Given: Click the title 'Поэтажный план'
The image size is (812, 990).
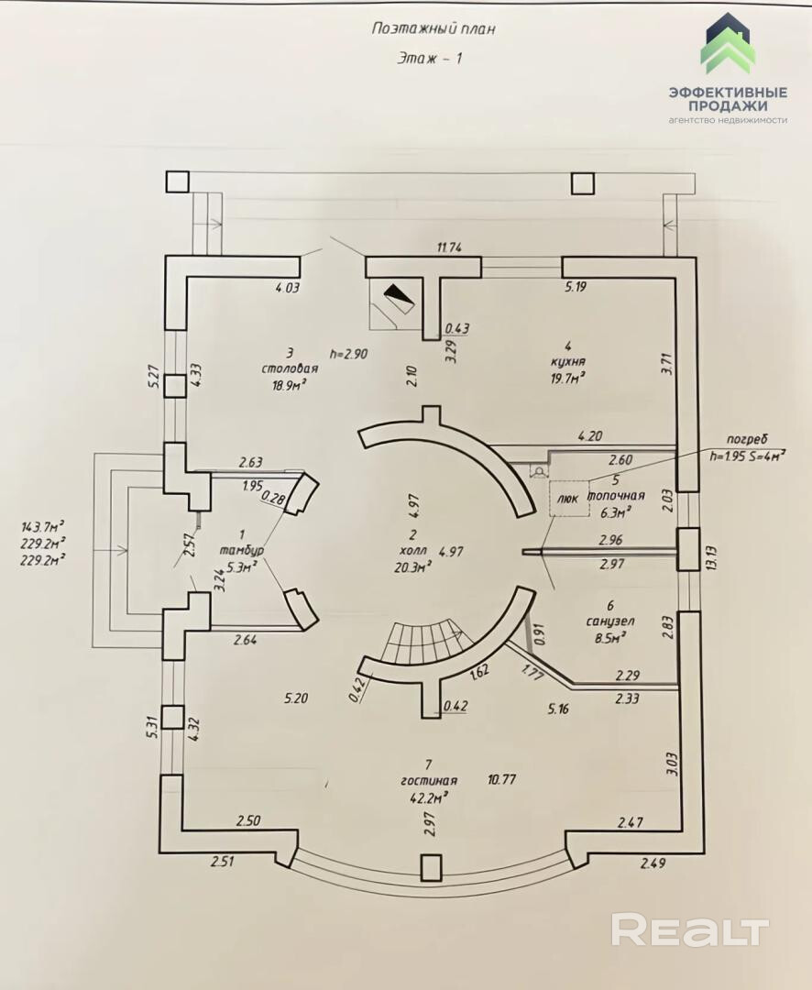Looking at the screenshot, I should (433, 28).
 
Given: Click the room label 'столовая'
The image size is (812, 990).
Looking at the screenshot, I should (289, 368).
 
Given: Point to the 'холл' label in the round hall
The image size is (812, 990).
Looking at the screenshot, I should (413, 551).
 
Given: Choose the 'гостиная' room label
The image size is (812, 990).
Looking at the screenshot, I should (428, 781).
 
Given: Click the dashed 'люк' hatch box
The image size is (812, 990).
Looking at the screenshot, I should (566, 499).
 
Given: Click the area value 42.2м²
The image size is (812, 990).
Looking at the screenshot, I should (428, 798).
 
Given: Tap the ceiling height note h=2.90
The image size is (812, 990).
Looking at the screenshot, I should (348, 353).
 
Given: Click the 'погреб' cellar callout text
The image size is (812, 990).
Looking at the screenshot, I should (744, 438).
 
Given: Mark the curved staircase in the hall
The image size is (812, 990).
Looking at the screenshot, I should (422, 642).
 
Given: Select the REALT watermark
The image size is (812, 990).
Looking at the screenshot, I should (689, 930).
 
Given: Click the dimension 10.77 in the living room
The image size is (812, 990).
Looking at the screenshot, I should (503, 780).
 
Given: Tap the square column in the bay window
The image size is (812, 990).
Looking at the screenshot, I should (430, 867).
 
